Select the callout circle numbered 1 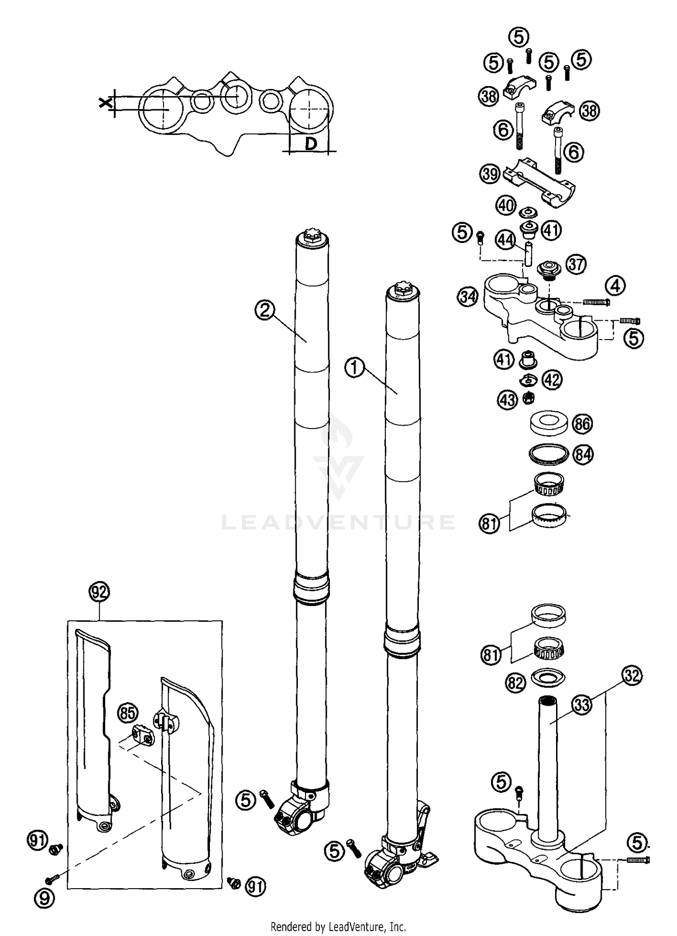click(354, 368)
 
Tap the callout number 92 click(99, 592)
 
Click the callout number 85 click(128, 713)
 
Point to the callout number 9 click(44, 899)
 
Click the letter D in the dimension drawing click(311, 144)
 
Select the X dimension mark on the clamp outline click(105, 103)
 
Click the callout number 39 click(490, 173)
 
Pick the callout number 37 click(575, 264)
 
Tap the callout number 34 click(468, 297)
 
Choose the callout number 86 click(582, 424)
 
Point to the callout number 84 click(583, 454)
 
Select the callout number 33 click(582, 704)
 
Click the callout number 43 click(508, 400)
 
